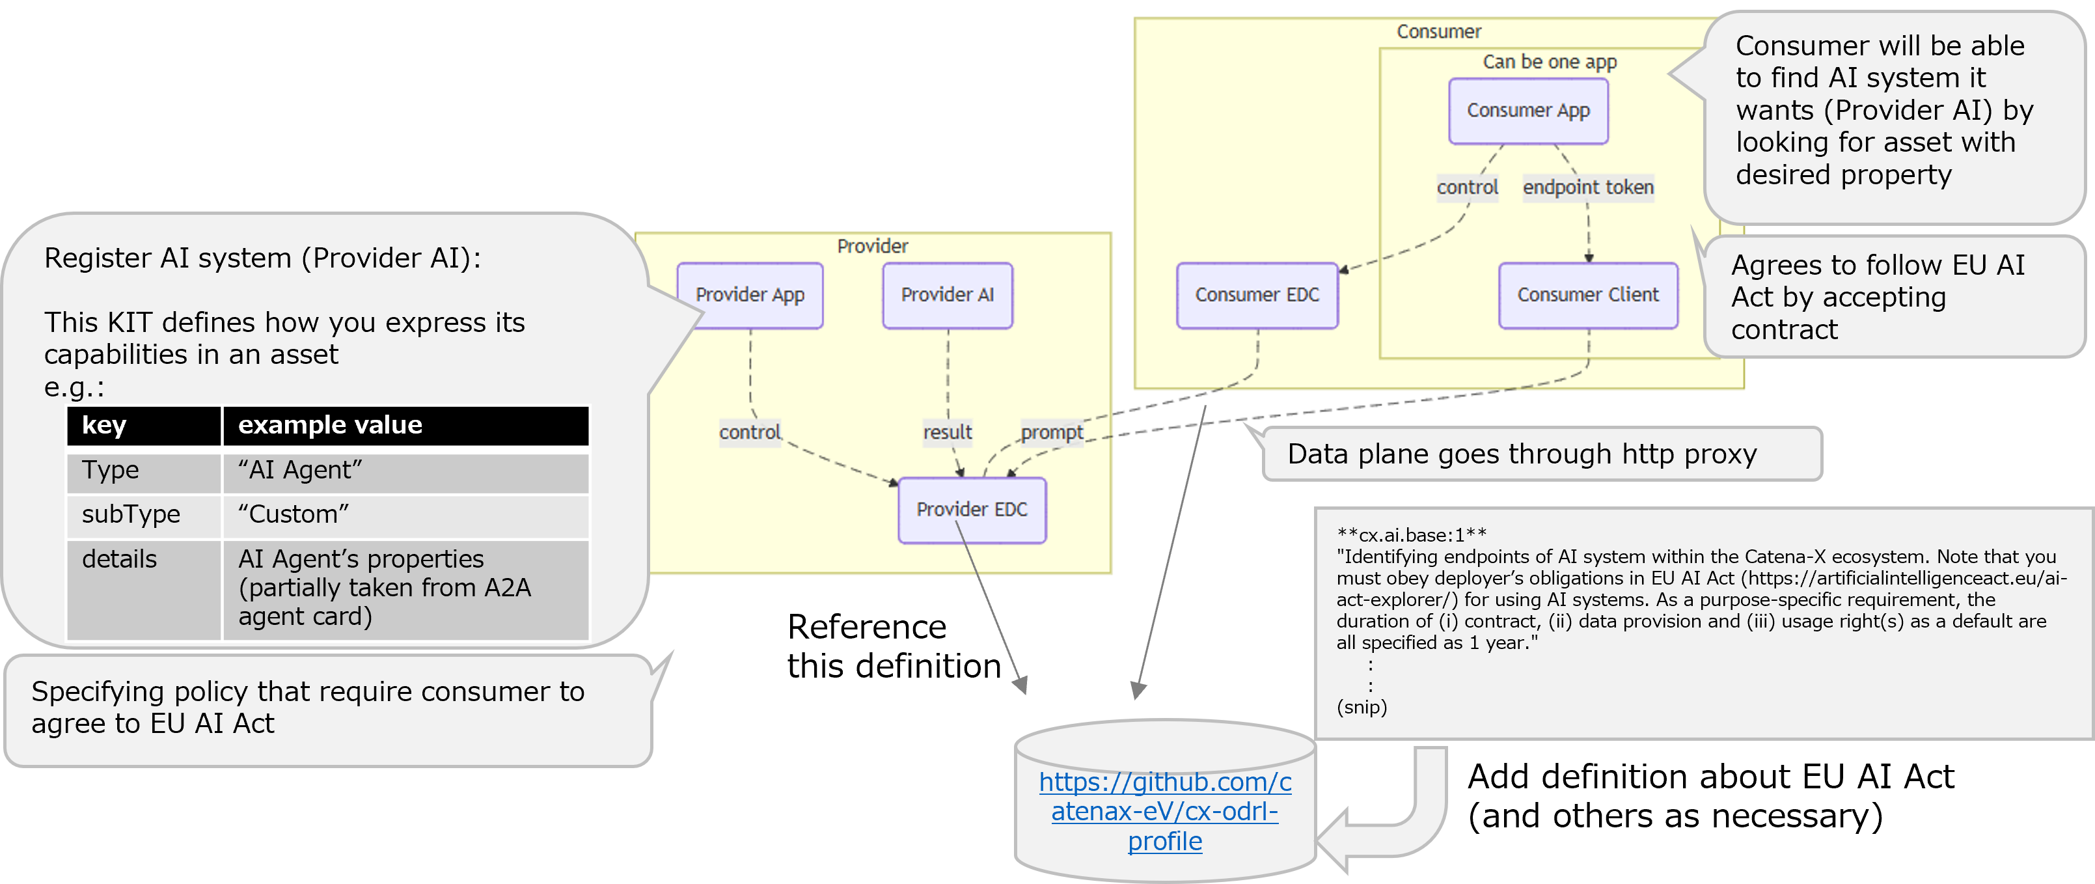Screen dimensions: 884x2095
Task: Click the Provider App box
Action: click(750, 295)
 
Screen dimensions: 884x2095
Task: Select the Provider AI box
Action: click(948, 295)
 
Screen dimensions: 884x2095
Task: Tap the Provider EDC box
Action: click(972, 510)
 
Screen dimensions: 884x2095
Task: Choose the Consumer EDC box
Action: click(1257, 295)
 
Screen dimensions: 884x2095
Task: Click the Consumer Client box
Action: click(1587, 295)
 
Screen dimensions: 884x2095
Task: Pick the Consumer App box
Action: click(1528, 111)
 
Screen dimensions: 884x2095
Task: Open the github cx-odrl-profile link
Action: click(1164, 812)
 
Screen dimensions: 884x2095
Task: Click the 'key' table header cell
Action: click(143, 425)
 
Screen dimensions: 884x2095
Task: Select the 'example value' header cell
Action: click(405, 425)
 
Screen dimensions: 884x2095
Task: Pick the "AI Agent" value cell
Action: click(405, 471)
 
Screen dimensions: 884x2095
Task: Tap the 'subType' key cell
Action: click(143, 515)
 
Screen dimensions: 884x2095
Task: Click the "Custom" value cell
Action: click(405, 515)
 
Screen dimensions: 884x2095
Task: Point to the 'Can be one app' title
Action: click(1550, 62)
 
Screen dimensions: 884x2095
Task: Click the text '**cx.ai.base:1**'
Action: click(1412, 535)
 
